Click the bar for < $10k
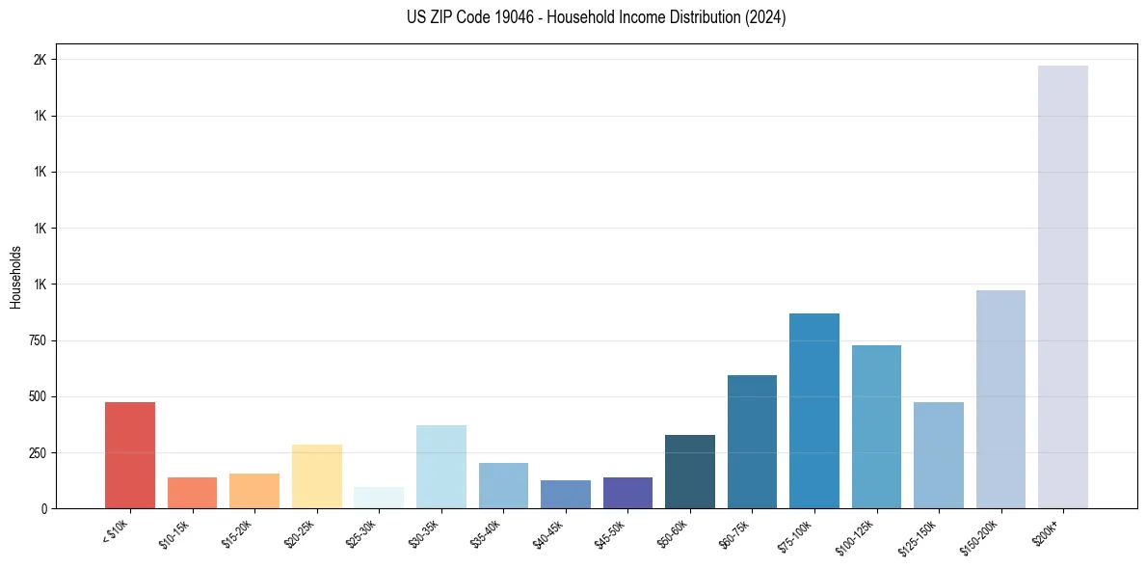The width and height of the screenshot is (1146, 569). pyautogui.click(x=130, y=455)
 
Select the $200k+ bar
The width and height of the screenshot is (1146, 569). pyautogui.click(x=1063, y=286)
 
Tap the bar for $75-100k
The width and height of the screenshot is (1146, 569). pyautogui.click(x=814, y=411)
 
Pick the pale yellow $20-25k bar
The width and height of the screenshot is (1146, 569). pyautogui.click(x=317, y=476)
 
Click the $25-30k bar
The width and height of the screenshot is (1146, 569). pyautogui.click(x=379, y=498)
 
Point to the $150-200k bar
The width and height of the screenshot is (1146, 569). pyautogui.click(x=1000, y=399)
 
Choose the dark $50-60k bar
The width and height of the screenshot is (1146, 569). pyautogui.click(x=690, y=472)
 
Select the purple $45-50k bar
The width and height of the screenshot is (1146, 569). pyautogui.click(x=627, y=493)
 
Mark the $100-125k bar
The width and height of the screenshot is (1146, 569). pyautogui.click(x=876, y=426)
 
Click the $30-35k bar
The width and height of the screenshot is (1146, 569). pyautogui.click(x=441, y=467)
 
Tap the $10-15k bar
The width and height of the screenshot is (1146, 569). pyautogui.click(x=193, y=493)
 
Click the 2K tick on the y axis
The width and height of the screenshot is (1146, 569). pyautogui.click(x=40, y=60)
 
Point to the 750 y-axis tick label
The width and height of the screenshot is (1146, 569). pyautogui.click(x=37, y=340)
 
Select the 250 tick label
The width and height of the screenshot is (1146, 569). pyautogui.click(x=37, y=452)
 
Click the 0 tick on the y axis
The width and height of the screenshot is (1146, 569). pyautogui.click(x=42, y=508)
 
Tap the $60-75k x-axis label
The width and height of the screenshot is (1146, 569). pyautogui.click(x=735, y=533)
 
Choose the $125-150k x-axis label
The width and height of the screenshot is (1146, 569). pyautogui.click(x=919, y=536)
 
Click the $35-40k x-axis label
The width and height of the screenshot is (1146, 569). pyautogui.click(x=487, y=533)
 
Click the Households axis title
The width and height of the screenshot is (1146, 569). pyautogui.click(x=16, y=277)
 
